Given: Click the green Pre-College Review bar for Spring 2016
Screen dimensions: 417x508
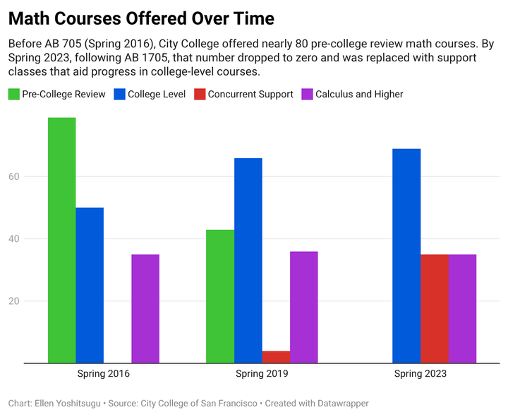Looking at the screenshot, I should click(61, 240).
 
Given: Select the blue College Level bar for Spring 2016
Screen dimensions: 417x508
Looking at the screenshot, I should click(90, 285).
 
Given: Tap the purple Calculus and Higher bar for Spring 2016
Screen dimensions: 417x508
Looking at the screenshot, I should click(145, 308).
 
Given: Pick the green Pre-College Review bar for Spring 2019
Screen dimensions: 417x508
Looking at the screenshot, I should click(220, 296).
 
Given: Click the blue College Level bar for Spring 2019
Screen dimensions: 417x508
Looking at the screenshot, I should click(248, 260).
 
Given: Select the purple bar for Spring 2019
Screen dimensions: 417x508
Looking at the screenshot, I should click(304, 307).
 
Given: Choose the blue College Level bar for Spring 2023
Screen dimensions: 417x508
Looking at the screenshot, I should click(406, 255).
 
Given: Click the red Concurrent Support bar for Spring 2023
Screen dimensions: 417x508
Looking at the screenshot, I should click(435, 308).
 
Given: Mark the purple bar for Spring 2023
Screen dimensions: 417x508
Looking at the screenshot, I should click(462, 308).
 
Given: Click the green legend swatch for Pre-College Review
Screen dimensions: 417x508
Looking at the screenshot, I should click(13, 94).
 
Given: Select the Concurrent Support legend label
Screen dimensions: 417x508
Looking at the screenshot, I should click(250, 94).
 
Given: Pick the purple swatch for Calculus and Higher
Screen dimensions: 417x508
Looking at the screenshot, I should click(307, 94).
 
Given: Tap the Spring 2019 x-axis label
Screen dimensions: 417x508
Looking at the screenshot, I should click(262, 373).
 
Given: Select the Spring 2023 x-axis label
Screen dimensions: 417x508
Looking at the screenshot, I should click(421, 373).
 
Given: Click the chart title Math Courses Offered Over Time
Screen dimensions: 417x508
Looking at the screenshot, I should click(141, 17).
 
